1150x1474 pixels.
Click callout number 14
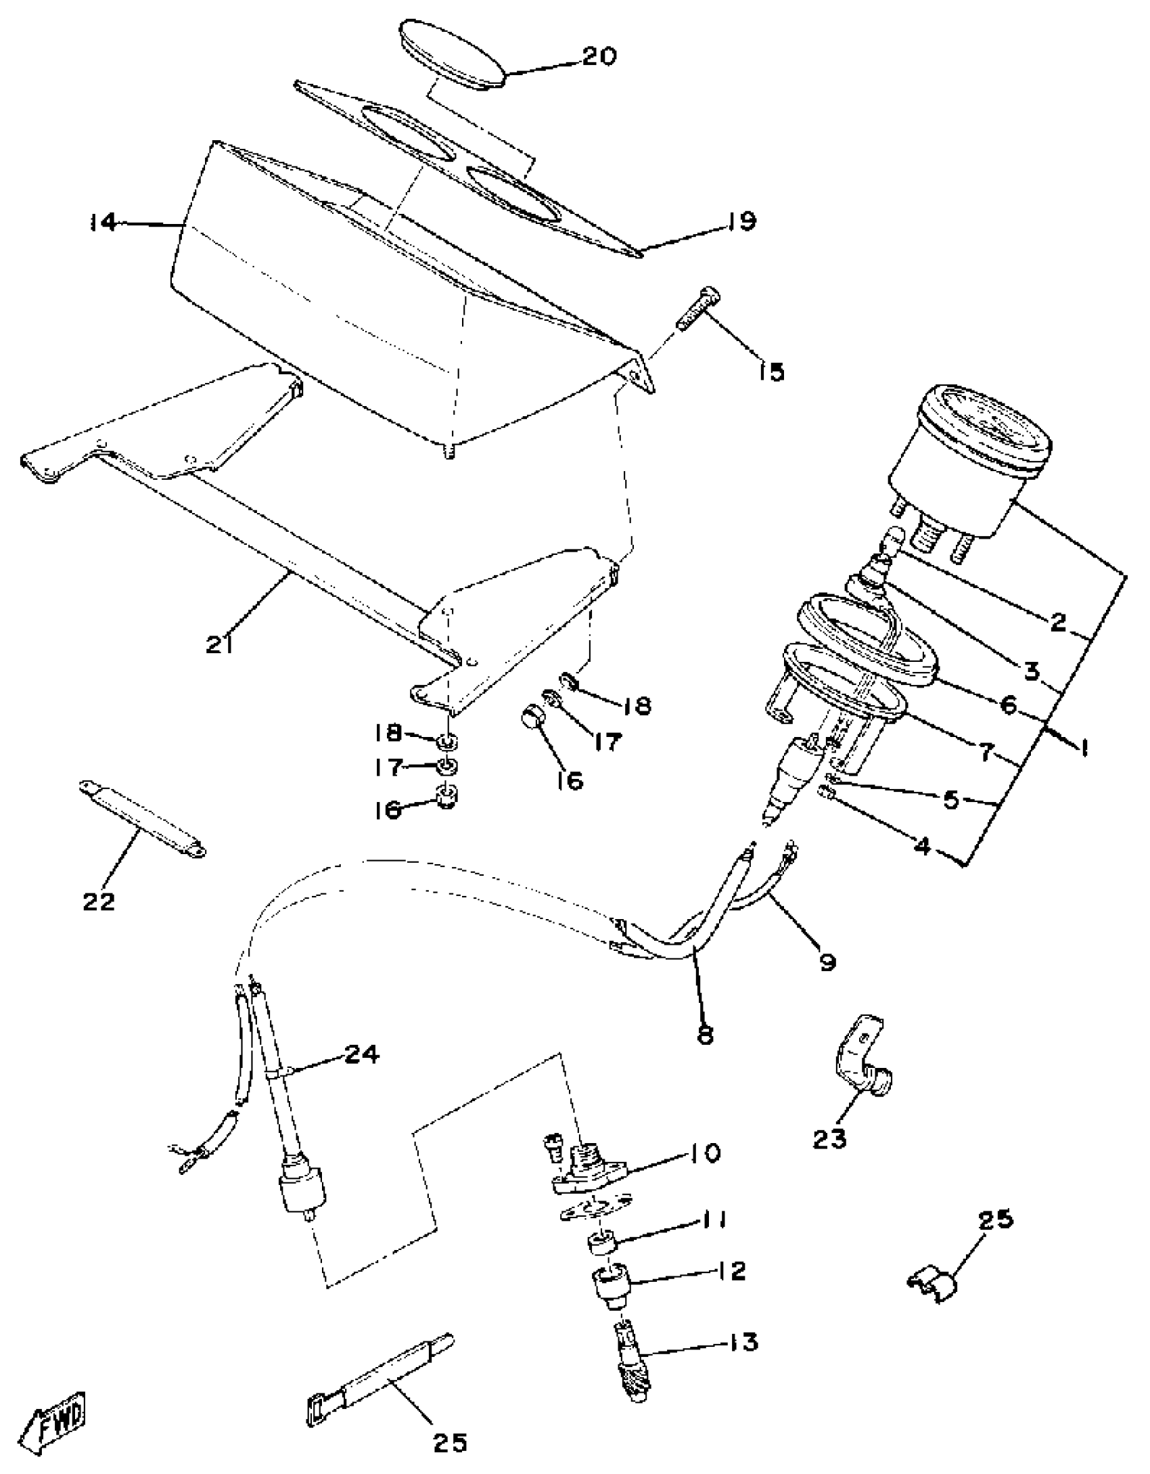click(x=103, y=221)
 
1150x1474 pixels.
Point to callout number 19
click(x=742, y=221)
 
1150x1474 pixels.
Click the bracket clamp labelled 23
click(x=862, y=1067)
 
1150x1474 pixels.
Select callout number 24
click(x=361, y=1054)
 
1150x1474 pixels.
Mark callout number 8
click(x=705, y=1035)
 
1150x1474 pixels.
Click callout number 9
click(x=827, y=962)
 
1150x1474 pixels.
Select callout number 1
click(x=1083, y=748)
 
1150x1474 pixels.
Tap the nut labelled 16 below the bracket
click(x=446, y=797)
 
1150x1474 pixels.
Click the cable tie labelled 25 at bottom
click(x=379, y=1368)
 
